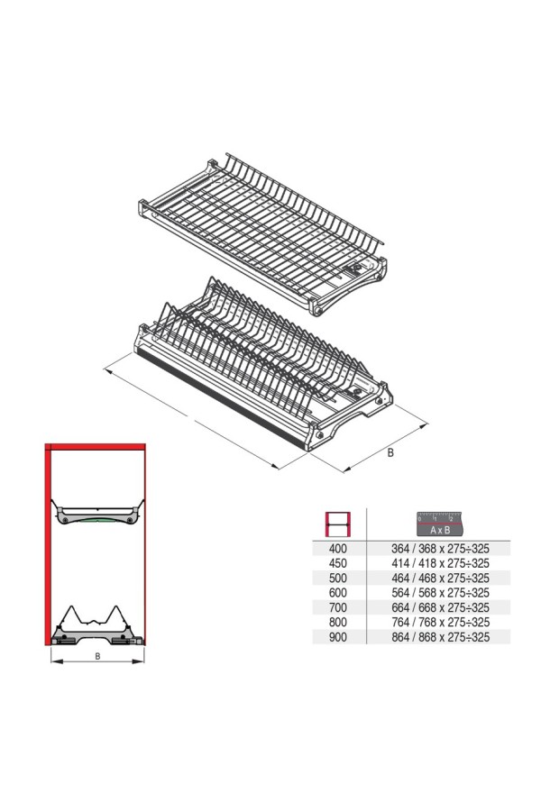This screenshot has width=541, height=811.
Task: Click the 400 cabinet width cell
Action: pyautogui.click(x=337, y=548)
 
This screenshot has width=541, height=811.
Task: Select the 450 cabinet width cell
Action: pyautogui.click(x=337, y=563)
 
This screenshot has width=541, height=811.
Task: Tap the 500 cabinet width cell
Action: pyautogui.click(x=337, y=578)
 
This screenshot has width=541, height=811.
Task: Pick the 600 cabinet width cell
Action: pyautogui.click(x=337, y=593)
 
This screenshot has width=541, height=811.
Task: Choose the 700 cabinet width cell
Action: pyautogui.click(x=337, y=607)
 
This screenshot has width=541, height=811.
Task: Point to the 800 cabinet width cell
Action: pyautogui.click(x=337, y=622)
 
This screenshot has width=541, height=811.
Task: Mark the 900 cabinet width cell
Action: pyautogui.click(x=337, y=637)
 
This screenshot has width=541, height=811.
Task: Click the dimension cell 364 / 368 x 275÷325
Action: pyautogui.click(x=440, y=548)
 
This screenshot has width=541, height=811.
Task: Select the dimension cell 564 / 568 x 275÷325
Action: pyautogui.click(x=440, y=593)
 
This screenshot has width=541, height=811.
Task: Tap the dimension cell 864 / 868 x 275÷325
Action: pyautogui.click(x=440, y=637)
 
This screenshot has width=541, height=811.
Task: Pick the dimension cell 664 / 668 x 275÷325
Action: pyautogui.click(x=440, y=607)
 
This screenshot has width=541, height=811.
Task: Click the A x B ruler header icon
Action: pyautogui.click(x=439, y=524)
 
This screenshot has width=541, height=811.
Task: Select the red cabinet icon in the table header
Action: pyautogui.click(x=337, y=524)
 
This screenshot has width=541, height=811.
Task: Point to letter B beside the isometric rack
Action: pyautogui.click(x=390, y=452)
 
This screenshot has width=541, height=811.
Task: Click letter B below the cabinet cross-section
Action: pyautogui.click(x=97, y=656)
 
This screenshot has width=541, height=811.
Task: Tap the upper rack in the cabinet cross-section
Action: pyautogui.click(x=96, y=515)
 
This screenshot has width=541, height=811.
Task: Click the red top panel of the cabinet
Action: pyautogui.click(x=96, y=447)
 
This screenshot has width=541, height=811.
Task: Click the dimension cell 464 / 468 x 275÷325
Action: pyautogui.click(x=440, y=578)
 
